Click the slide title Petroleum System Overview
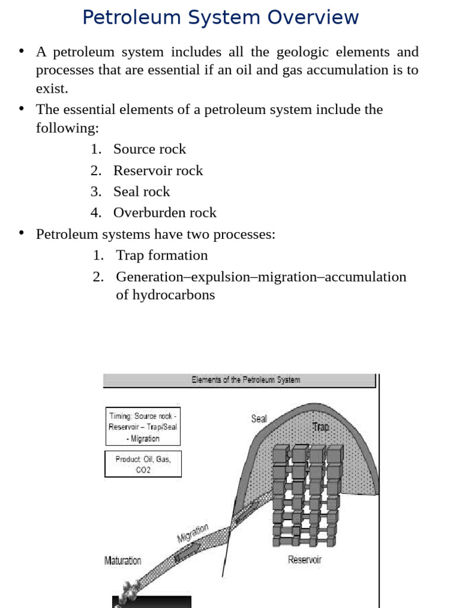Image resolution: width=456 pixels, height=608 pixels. pos(220,17)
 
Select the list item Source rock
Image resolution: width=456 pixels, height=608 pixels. pos(150,149)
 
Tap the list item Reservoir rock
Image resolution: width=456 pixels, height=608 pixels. pos(158,170)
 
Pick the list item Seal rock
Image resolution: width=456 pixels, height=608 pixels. pos(141,191)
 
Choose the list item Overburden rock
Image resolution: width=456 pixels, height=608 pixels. pos(164,213)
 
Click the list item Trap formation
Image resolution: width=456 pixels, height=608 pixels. pos(161,255)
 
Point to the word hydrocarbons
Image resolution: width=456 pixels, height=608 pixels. pos(165,294)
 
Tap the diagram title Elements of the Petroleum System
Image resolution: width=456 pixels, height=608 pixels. pos(245,380)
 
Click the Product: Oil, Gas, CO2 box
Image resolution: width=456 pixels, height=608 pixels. pos(142,464)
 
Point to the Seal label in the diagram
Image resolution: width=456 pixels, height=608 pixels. pos(259,419)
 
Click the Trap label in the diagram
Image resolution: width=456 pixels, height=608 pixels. pos(321,427)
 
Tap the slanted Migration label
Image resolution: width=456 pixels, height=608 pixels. pos(193,533)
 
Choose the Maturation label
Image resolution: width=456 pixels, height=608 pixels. pos(123,560)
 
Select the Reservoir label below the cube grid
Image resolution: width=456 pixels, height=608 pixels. pos(305,559)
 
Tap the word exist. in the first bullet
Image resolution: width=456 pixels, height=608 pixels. pos(52,89)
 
